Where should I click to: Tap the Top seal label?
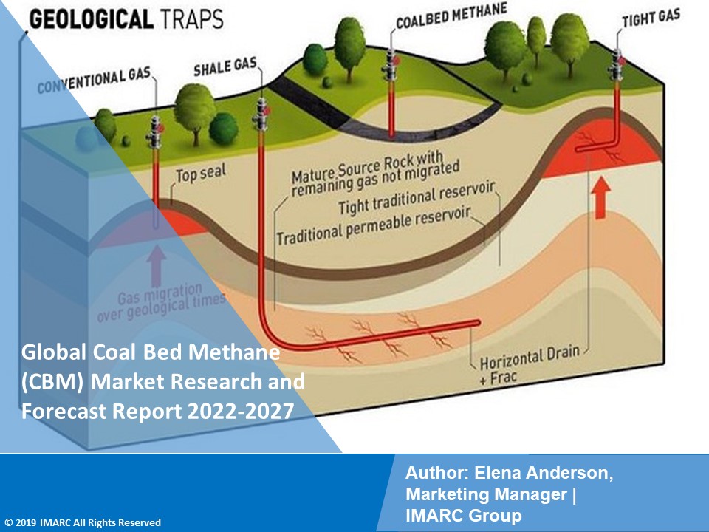pos(200,174)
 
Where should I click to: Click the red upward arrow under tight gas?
pos(601,197)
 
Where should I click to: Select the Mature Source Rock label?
pos(374,174)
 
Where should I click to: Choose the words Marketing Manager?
pos(487,495)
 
